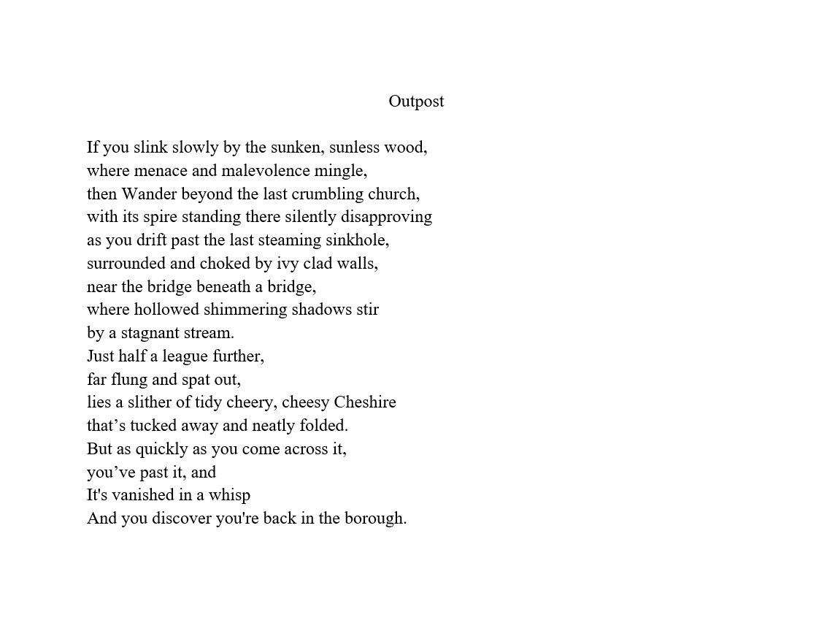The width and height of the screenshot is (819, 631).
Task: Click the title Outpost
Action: point(416,102)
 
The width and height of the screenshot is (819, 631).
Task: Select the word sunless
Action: point(355,148)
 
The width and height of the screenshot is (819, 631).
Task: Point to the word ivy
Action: point(289,264)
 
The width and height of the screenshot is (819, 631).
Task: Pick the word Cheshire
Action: point(365,402)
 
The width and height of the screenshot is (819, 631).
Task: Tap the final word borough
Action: point(375,519)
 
